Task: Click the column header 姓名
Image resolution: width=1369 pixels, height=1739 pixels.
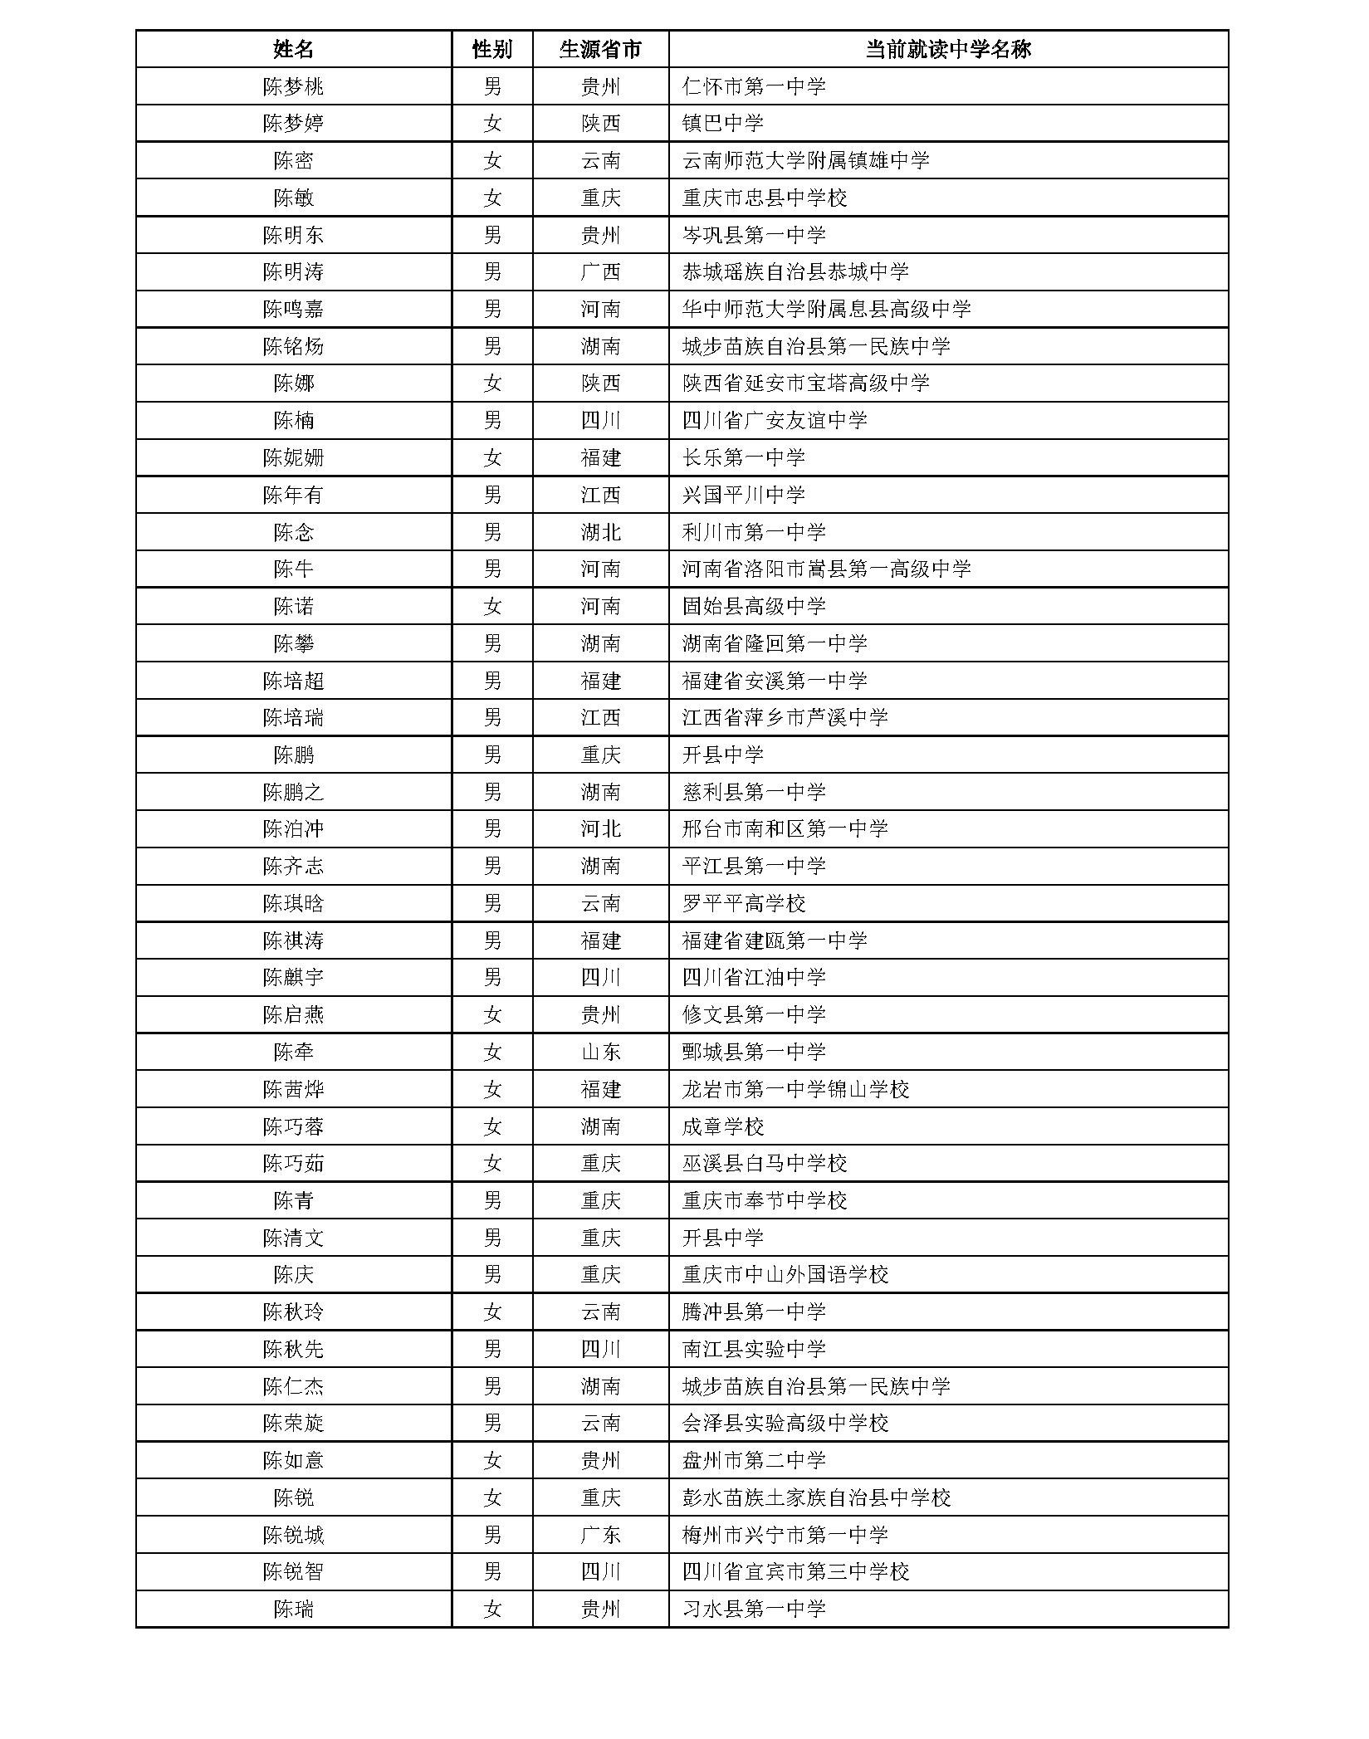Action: point(293,49)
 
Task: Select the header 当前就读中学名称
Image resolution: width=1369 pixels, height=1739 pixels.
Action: point(947,49)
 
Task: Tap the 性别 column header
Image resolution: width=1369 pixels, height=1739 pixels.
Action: point(492,49)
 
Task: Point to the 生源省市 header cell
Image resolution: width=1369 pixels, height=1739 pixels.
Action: point(600,49)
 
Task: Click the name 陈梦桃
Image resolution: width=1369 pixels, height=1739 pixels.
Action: point(293,86)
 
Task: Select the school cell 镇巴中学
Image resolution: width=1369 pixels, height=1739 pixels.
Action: point(722,124)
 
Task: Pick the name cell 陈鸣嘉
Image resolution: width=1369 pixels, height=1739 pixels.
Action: point(293,309)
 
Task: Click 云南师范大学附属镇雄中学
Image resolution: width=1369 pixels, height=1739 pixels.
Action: point(805,160)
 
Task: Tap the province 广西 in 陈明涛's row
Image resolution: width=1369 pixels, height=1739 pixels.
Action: point(600,272)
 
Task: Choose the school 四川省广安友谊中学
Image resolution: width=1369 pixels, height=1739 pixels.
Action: point(774,421)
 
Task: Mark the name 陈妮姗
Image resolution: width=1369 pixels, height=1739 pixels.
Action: point(293,457)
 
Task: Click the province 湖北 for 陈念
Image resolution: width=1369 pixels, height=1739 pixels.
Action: point(600,532)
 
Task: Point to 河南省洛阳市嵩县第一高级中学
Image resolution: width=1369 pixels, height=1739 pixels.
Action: point(826,569)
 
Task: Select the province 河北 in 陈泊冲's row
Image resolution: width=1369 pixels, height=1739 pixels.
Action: point(600,829)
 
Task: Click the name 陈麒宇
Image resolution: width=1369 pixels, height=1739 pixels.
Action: point(293,978)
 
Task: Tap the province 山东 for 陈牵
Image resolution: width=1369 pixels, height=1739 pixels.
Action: point(600,1053)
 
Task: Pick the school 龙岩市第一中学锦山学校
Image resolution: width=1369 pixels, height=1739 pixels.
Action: point(795,1089)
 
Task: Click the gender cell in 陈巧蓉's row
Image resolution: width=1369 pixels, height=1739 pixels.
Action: point(492,1126)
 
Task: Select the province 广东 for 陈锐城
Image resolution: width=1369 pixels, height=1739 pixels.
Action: point(600,1535)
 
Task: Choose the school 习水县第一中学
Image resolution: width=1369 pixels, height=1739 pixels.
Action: point(753,1610)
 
